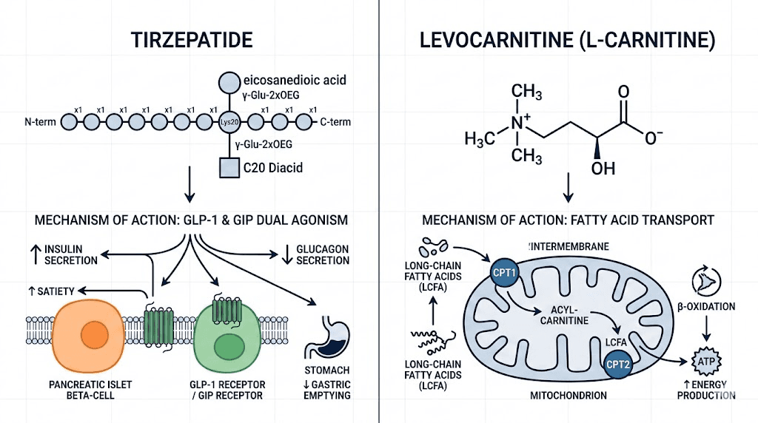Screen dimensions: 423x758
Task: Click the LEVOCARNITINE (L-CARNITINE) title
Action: coord(568,41)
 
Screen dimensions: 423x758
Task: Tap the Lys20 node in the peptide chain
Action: coord(229,121)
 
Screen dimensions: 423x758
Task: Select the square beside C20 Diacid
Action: coord(229,168)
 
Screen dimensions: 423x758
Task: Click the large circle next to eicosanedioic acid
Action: coord(229,80)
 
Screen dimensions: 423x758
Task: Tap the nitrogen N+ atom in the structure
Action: coord(522,126)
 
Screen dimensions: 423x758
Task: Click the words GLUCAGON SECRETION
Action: coord(316,254)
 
